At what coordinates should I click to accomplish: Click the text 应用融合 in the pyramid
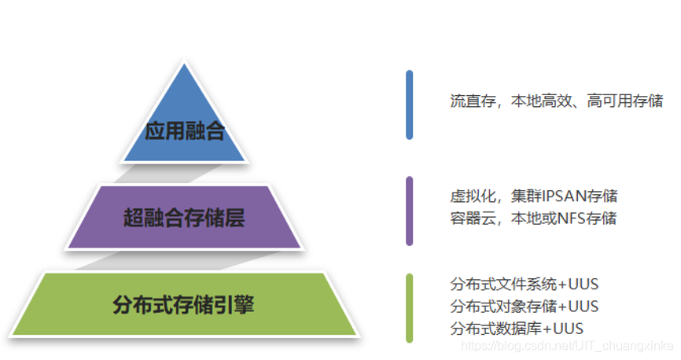(185, 130)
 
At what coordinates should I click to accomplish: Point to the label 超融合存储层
(184, 217)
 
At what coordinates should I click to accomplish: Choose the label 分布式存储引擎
(184, 304)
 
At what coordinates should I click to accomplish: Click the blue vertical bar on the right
(409, 105)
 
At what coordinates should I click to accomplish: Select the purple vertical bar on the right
(409, 211)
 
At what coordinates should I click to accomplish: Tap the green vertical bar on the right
(409, 307)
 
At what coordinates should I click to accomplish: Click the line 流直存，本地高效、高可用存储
(556, 101)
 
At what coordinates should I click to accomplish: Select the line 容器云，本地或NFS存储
(533, 218)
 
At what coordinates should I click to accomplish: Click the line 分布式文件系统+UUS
(525, 284)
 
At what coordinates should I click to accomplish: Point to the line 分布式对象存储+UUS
(525, 306)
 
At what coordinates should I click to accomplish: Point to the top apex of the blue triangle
(185, 64)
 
